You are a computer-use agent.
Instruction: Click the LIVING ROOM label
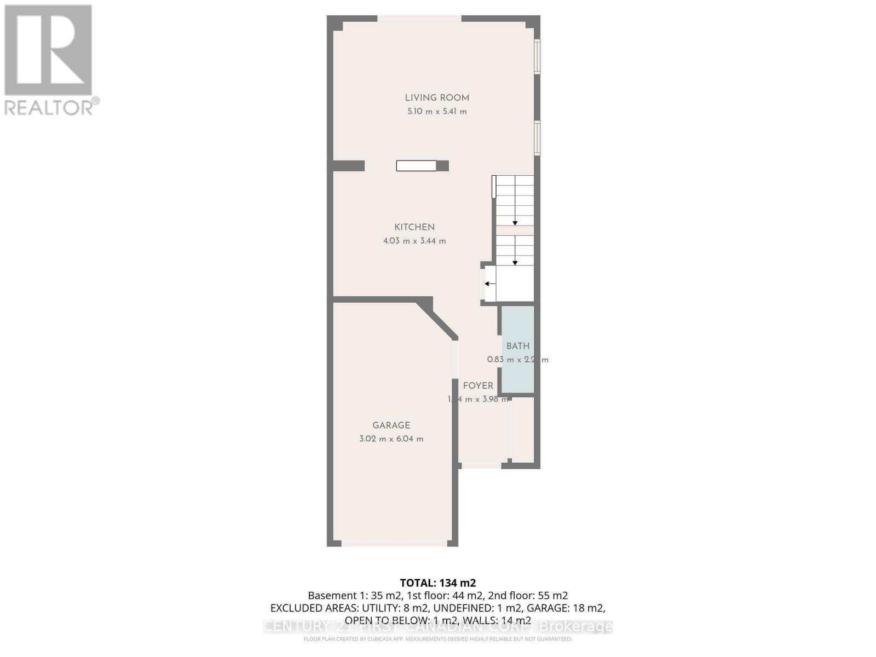437,98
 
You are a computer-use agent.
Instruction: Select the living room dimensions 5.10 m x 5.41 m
437,112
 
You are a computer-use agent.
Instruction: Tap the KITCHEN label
414,227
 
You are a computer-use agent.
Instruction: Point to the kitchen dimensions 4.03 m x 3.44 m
414,241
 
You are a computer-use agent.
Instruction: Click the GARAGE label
391,425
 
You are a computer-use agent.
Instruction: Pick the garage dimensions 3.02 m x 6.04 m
391,439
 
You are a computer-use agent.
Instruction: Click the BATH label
517,346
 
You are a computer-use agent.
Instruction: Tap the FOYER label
478,386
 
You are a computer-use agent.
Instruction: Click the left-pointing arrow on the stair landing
489,284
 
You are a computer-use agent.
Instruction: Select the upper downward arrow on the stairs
515,222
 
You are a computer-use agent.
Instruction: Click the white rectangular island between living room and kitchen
416,165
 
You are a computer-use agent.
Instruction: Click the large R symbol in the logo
48,50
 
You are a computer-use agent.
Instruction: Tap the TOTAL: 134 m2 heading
437,583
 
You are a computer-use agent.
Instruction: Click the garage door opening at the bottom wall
394,543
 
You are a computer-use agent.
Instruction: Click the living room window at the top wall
419,19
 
